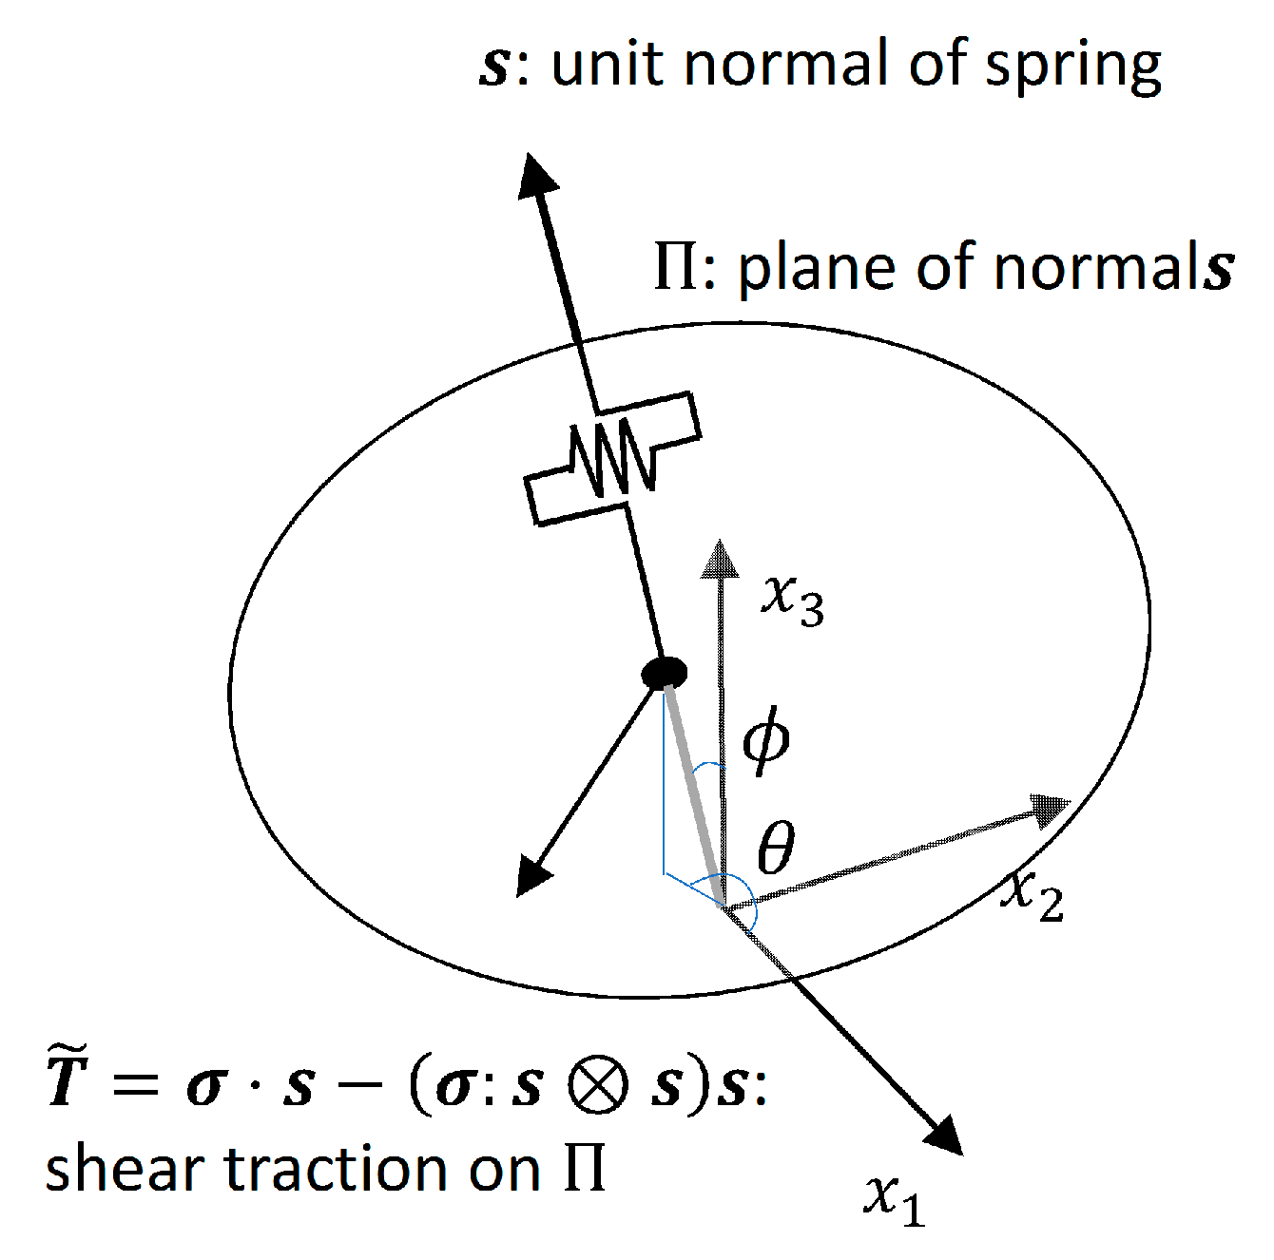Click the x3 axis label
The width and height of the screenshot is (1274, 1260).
pos(792,601)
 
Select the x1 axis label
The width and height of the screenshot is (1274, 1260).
pos(895,1198)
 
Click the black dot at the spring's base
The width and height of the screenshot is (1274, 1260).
pos(664,672)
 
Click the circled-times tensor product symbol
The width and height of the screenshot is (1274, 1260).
pos(598,1086)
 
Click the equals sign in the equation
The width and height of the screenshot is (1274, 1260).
pos(134,1085)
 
